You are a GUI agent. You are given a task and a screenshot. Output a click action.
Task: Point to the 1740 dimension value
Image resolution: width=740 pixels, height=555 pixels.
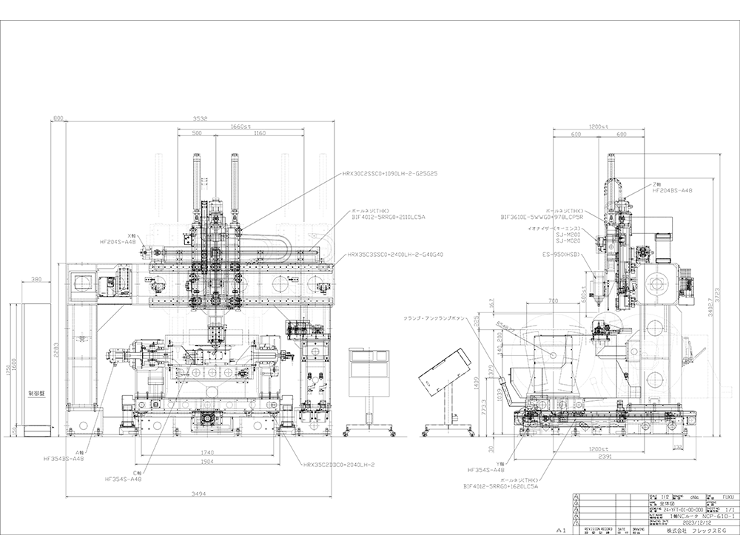coord(206,451)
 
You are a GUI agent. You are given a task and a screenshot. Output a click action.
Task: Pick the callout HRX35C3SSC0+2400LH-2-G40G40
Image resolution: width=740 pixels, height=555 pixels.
coord(394,254)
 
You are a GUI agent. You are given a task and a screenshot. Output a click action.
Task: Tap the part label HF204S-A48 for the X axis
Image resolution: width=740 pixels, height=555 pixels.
coord(118,241)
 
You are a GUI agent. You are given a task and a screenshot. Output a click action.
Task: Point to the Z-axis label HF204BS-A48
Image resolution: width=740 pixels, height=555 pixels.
coord(672,190)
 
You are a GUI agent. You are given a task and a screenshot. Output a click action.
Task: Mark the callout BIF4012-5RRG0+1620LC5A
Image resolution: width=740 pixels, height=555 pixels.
coord(500,487)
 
